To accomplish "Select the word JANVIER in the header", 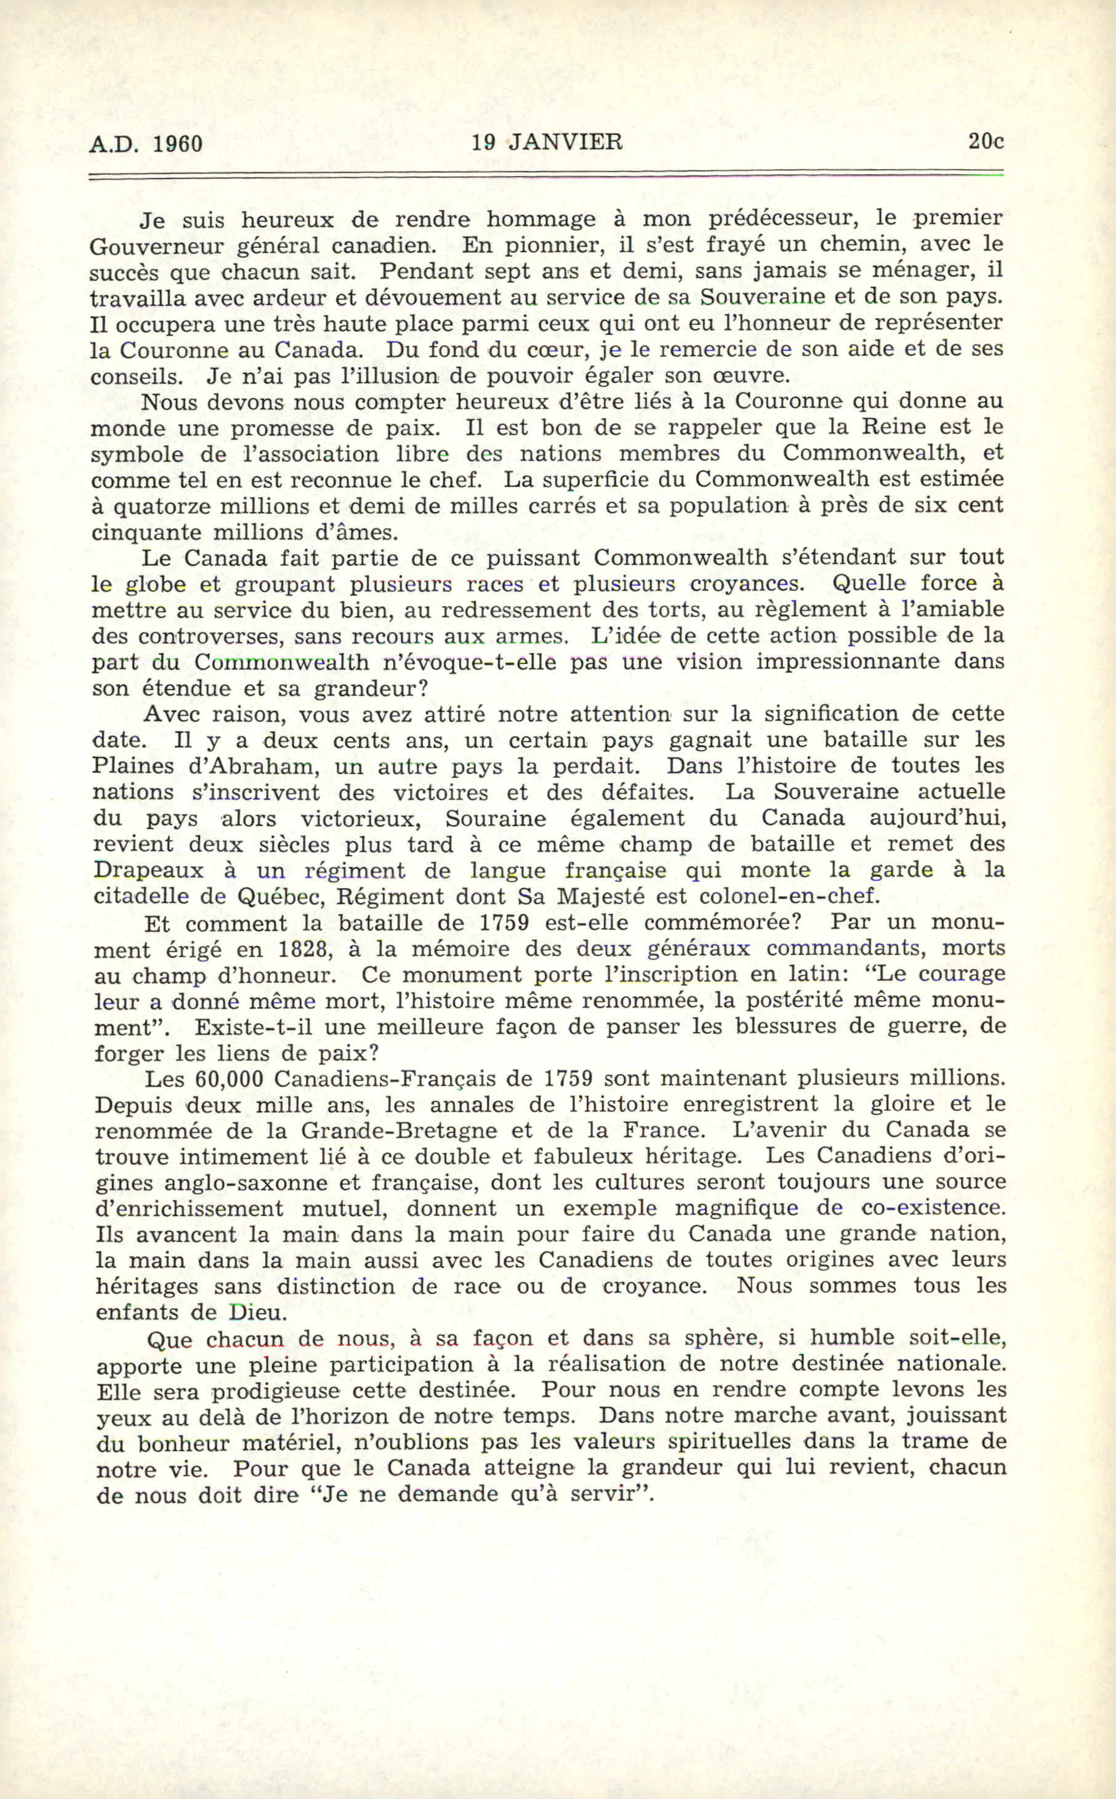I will tap(565, 142).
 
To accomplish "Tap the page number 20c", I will tap(986, 141).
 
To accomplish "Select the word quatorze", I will tap(153, 507).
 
